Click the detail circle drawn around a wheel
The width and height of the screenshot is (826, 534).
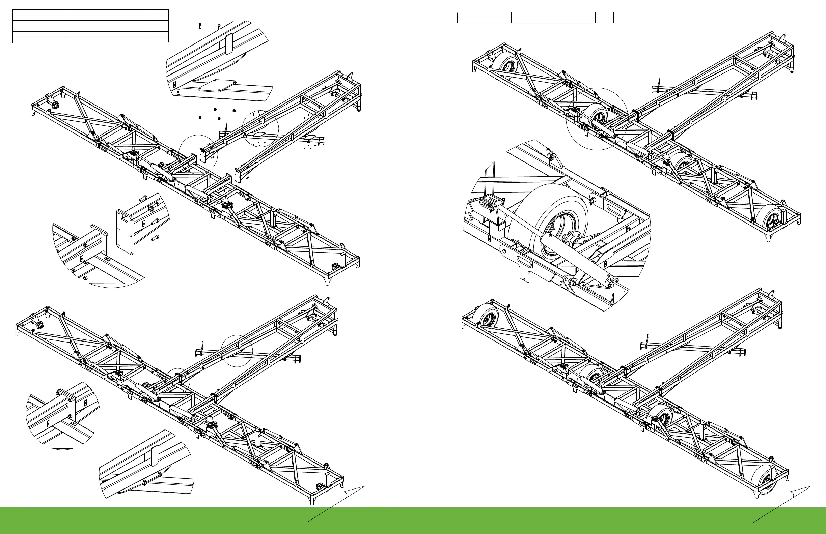(x=597, y=119)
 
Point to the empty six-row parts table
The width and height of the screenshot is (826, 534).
(x=90, y=26)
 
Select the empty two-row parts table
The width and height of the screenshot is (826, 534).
(x=535, y=17)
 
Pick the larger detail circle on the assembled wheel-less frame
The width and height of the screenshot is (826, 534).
(x=237, y=351)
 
